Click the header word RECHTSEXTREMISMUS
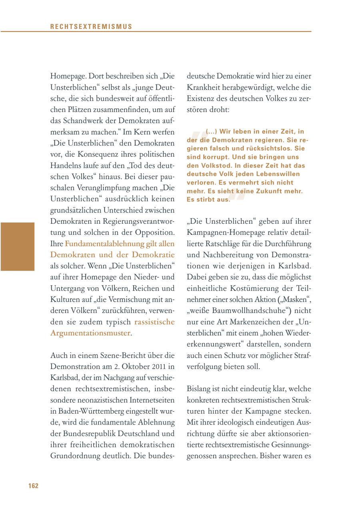point(91,26)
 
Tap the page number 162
point(33,486)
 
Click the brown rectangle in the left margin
point(18,246)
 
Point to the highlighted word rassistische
point(154,321)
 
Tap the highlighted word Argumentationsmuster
point(90,333)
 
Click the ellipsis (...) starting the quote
point(212,131)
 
